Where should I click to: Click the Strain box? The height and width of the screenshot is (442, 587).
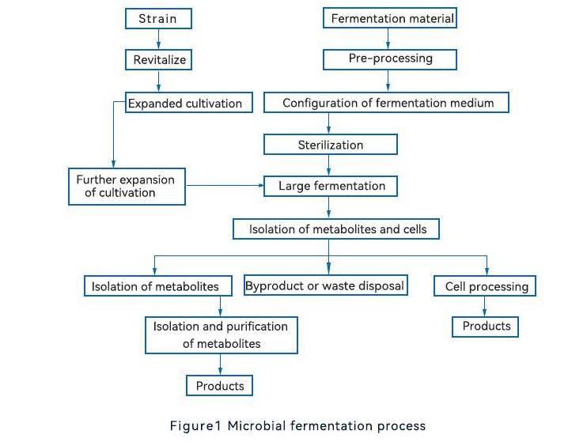click(x=158, y=19)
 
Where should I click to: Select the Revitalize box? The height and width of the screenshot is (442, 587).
click(x=158, y=59)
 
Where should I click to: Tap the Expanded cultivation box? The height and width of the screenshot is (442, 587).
click(x=188, y=103)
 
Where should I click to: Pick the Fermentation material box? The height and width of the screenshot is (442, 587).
click(x=390, y=18)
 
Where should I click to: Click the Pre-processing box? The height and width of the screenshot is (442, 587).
click(x=390, y=59)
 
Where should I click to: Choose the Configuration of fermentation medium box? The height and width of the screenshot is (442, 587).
click(x=386, y=103)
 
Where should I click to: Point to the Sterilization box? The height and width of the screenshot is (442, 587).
click(x=330, y=145)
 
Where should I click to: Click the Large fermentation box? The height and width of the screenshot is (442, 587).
click(x=330, y=186)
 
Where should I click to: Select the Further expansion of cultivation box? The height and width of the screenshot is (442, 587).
click(x=127, y=187)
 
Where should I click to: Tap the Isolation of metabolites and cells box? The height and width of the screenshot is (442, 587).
click(x=336, y=229)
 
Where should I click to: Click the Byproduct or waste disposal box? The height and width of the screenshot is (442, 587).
click(x=326, y=285)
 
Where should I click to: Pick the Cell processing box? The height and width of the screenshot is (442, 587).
click(x=485, y=286)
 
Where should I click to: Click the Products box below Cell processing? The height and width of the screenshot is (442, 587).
click(x=485, y=327)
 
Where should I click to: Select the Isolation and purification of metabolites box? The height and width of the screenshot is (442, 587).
click(x=222, y=335)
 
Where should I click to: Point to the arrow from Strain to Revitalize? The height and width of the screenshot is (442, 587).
click(x=158, y=39)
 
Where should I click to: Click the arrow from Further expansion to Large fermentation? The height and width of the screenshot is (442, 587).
click(x=225, y=185)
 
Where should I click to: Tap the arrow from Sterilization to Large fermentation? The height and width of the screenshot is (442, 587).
click(x=328, y=165)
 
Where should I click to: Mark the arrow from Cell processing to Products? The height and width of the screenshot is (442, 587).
click(x=484, y=307)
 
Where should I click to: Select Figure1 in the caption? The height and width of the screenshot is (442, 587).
click(x=195, y=426)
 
